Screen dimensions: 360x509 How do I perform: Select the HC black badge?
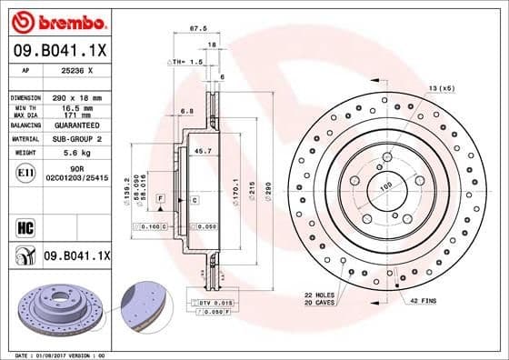[x=25, y=225]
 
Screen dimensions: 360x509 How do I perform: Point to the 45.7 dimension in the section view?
[x=204, y=150]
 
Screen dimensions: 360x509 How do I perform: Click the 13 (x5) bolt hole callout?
[x=441, y=88]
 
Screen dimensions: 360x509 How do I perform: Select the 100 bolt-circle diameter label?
[x=385, y=186]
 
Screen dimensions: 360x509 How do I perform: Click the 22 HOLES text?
[x=319, y=295]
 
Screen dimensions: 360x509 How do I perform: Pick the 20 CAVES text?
[x=319, y=303]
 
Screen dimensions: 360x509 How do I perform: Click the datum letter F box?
[x=160, y=197]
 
